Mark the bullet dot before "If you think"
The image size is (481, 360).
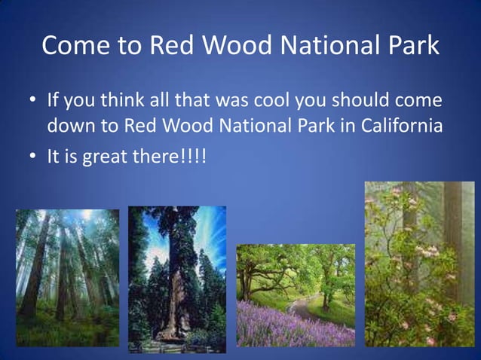(x=33, y=101)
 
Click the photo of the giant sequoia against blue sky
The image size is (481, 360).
(x=176, y=279)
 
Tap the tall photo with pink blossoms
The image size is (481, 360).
(x=419, y=264)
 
